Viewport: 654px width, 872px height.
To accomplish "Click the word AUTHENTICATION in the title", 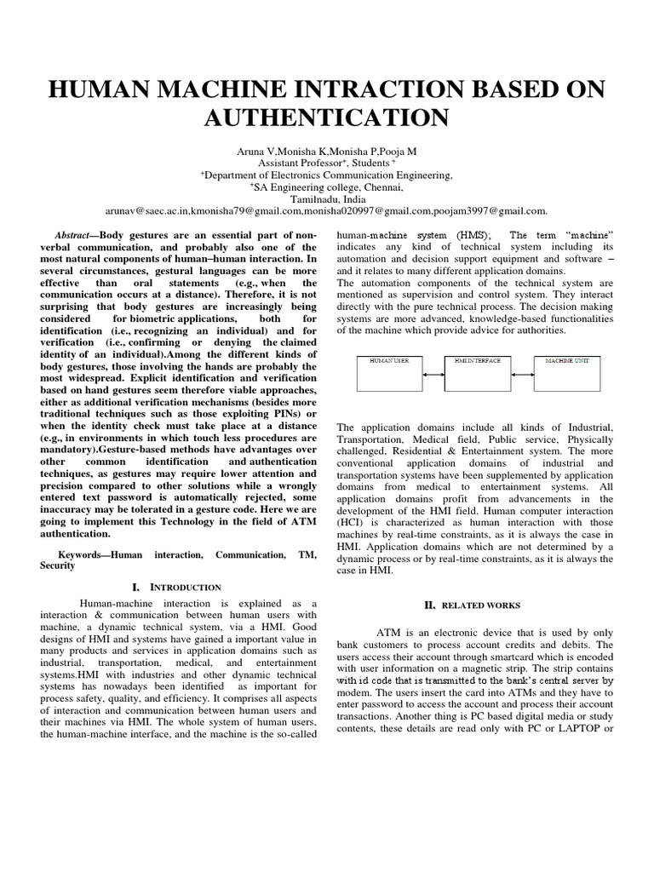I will point(327,117).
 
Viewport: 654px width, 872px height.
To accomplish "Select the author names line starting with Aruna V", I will point(327,149).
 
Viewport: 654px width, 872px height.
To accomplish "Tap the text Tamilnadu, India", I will point(327,198).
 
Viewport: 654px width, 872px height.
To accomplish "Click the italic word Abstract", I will point(72,234).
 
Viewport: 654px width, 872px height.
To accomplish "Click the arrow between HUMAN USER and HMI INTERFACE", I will point(436,374).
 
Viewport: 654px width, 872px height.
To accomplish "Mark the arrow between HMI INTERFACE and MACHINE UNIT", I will point(526,374).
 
